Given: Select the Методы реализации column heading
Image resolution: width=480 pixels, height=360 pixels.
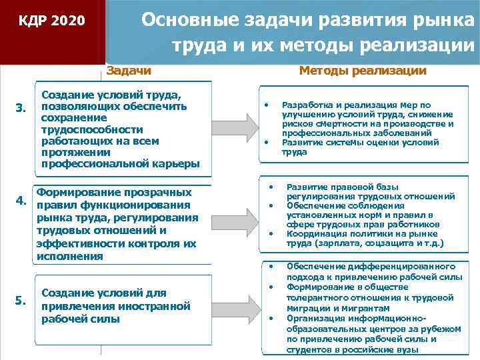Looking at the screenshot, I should coord(363,70).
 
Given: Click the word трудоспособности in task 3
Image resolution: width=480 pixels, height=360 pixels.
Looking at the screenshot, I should coord(92,129).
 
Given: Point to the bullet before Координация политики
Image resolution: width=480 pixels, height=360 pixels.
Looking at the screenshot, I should coord(271,233).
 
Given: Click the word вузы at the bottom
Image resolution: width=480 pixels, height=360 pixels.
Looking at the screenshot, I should coord(405,349).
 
